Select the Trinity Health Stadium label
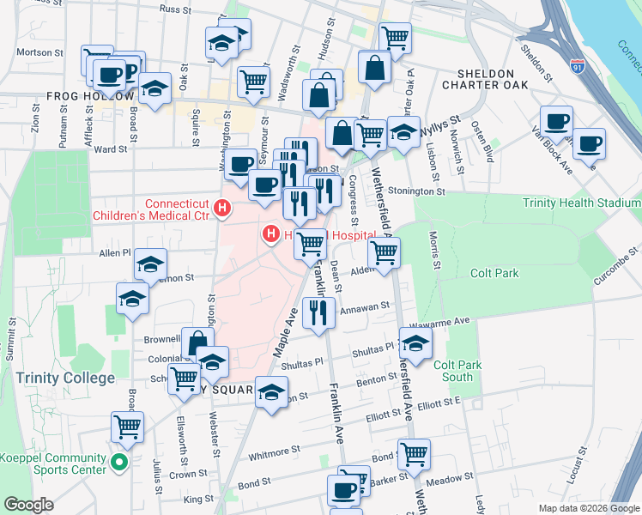(x=582, y=203)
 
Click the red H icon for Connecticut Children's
(x=222, y=208)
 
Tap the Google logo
(x=27, y=505)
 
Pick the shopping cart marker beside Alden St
(x=384, y=251)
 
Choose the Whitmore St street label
(x=274, y=449)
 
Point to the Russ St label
(x=174, y=9)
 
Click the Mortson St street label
(x=35, y=51)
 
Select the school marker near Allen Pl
(x=150, y=265)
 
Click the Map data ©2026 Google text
(x=588, y=507)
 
